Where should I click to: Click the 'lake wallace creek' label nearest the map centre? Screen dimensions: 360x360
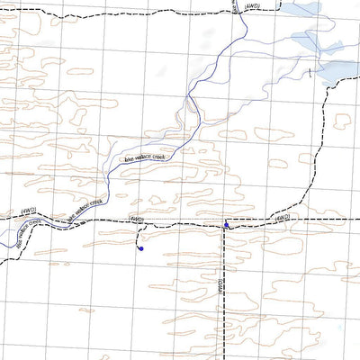(x=146, y=158)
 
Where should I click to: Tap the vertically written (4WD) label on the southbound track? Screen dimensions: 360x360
(x=220, y=286)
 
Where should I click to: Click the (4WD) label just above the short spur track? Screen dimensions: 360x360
(x=137, y=218)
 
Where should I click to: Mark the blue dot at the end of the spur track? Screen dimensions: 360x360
(x=141, y=250)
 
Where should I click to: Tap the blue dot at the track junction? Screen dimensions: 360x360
(x=225, y=225)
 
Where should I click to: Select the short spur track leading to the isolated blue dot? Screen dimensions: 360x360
(x=139, y=236)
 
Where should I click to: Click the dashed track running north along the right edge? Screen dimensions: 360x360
(x=326, y=135)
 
